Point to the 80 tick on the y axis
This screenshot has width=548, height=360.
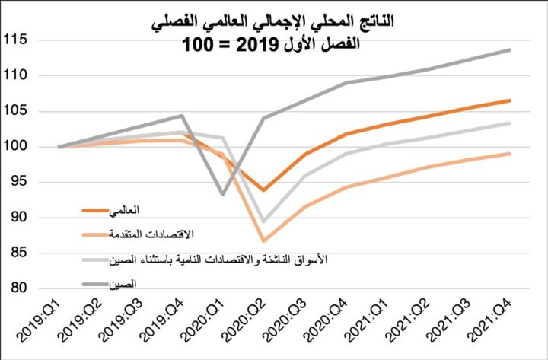[19, 288]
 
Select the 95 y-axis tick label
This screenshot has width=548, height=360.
[19, 182]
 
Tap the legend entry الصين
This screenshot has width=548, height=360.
[129, 285]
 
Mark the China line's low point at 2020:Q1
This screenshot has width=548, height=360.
[223, 195]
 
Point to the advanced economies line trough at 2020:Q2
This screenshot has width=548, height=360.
[264, 241]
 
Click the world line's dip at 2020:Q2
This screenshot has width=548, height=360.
[264, 190]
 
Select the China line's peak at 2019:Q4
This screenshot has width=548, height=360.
[182, 116]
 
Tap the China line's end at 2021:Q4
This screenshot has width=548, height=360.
[510, 50]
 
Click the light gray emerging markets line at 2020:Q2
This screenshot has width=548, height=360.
[264, 221]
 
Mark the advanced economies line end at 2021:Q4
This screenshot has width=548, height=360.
[510, 154]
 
